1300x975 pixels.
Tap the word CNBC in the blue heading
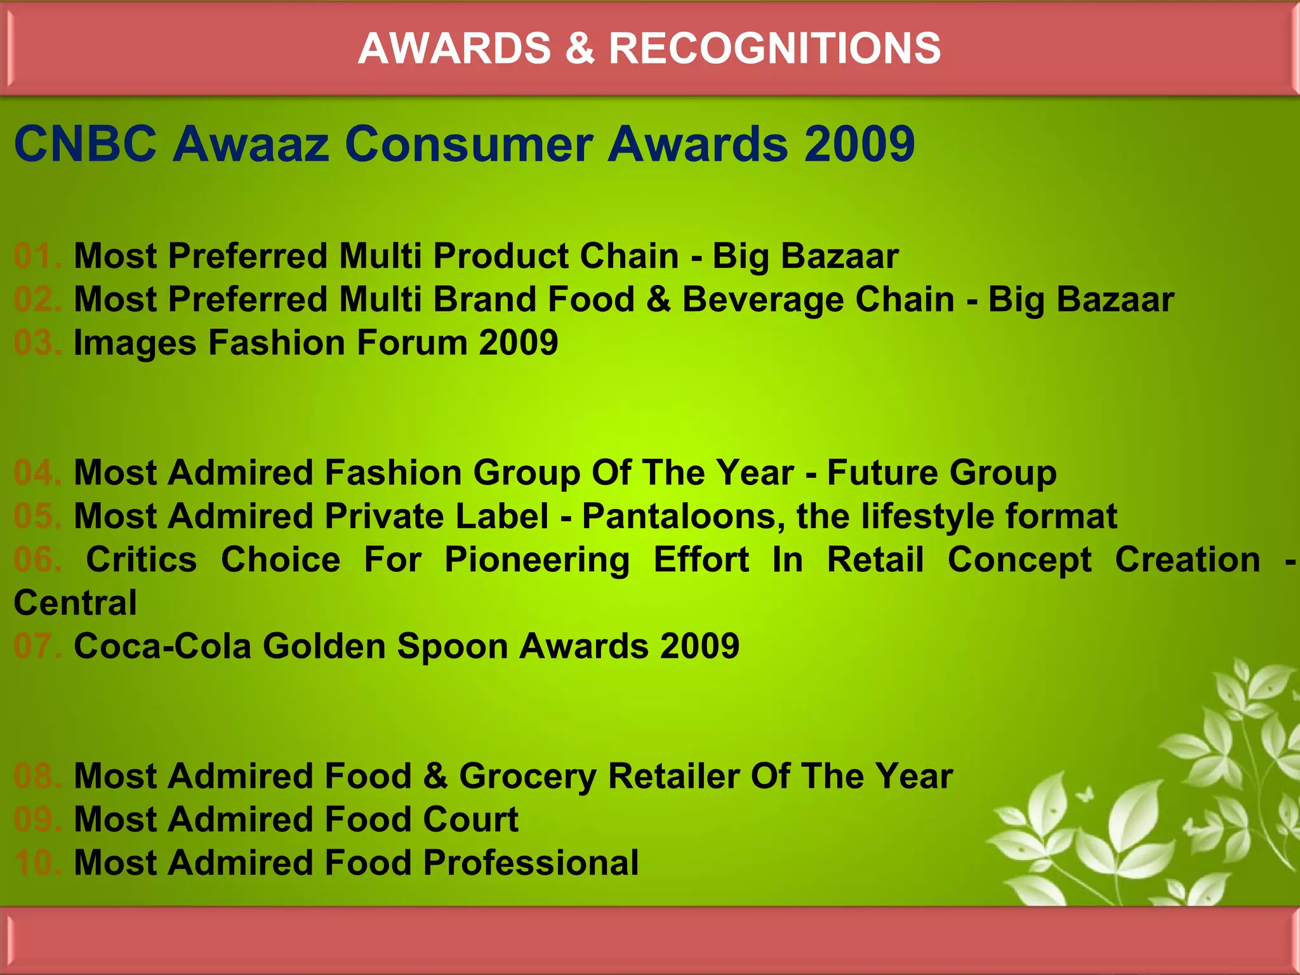(85, 144)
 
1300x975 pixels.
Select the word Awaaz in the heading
(251, 144)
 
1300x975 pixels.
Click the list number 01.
(37, 256)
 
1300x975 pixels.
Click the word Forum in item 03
(411, 343)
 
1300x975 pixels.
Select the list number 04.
(37, 473)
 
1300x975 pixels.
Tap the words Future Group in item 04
(942, 473)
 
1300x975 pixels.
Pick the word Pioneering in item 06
(537, 560)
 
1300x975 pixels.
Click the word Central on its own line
(75, 603)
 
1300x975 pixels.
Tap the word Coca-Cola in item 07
(162, 646)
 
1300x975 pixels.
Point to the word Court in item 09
(470, 819)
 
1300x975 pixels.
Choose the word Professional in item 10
(531, 863)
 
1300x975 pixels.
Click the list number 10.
(37, 863)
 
